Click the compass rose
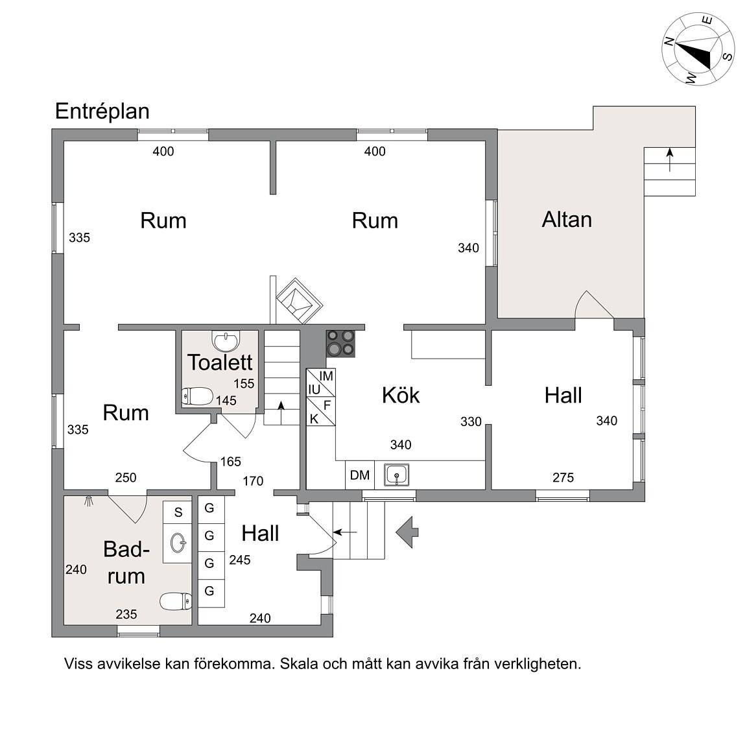(x=697, y=50)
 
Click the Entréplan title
(x=102, y=111)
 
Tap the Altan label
(x=567, y=219)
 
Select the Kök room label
(x=400, y=395)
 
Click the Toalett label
(x=220, y=362)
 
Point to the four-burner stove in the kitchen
(x=341, y=343)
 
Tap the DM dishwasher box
(x=360, y=475)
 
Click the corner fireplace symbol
(x=298, y=300)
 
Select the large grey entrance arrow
(x=407, y=532)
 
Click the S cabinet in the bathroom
(x=178, y=512)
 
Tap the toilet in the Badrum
(x=176, y=602)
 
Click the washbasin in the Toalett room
(x=225, y=339)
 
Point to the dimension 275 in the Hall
(x=563, y=478)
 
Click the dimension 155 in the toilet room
(x=244, y=384)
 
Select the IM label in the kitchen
(x=326, y=376)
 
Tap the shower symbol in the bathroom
(x=89, y=501)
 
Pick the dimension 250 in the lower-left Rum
(x=125, y=478)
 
